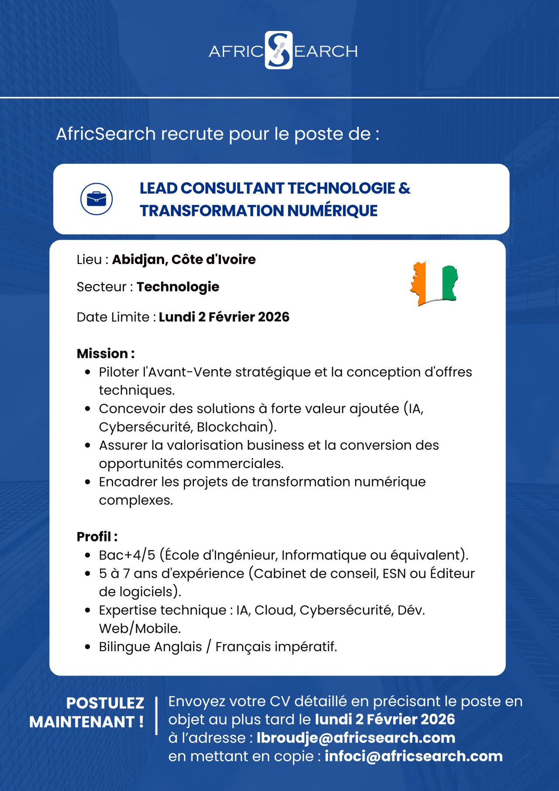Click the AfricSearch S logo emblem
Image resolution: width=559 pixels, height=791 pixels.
[279, 50]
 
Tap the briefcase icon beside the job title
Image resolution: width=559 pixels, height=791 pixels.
[97, 199]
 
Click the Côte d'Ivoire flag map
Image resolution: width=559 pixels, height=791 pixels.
[434, 283]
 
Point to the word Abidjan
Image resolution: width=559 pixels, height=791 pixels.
[139, 260]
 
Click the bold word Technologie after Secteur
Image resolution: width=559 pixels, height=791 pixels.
[178, 287]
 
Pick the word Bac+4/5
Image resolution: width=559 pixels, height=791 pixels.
[127, 555]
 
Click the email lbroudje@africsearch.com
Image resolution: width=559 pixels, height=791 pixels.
[355, 738]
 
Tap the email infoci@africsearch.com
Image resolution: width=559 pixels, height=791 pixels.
[413, 756]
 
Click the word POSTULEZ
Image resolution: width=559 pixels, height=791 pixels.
[105, 703]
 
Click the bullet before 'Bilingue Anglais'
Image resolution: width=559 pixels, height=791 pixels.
[88, 647]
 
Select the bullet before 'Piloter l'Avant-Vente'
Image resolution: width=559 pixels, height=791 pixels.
[88, 372]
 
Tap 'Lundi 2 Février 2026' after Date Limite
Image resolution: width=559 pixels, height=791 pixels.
[224, 317]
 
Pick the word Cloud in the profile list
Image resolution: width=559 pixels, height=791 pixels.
[273, 610]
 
